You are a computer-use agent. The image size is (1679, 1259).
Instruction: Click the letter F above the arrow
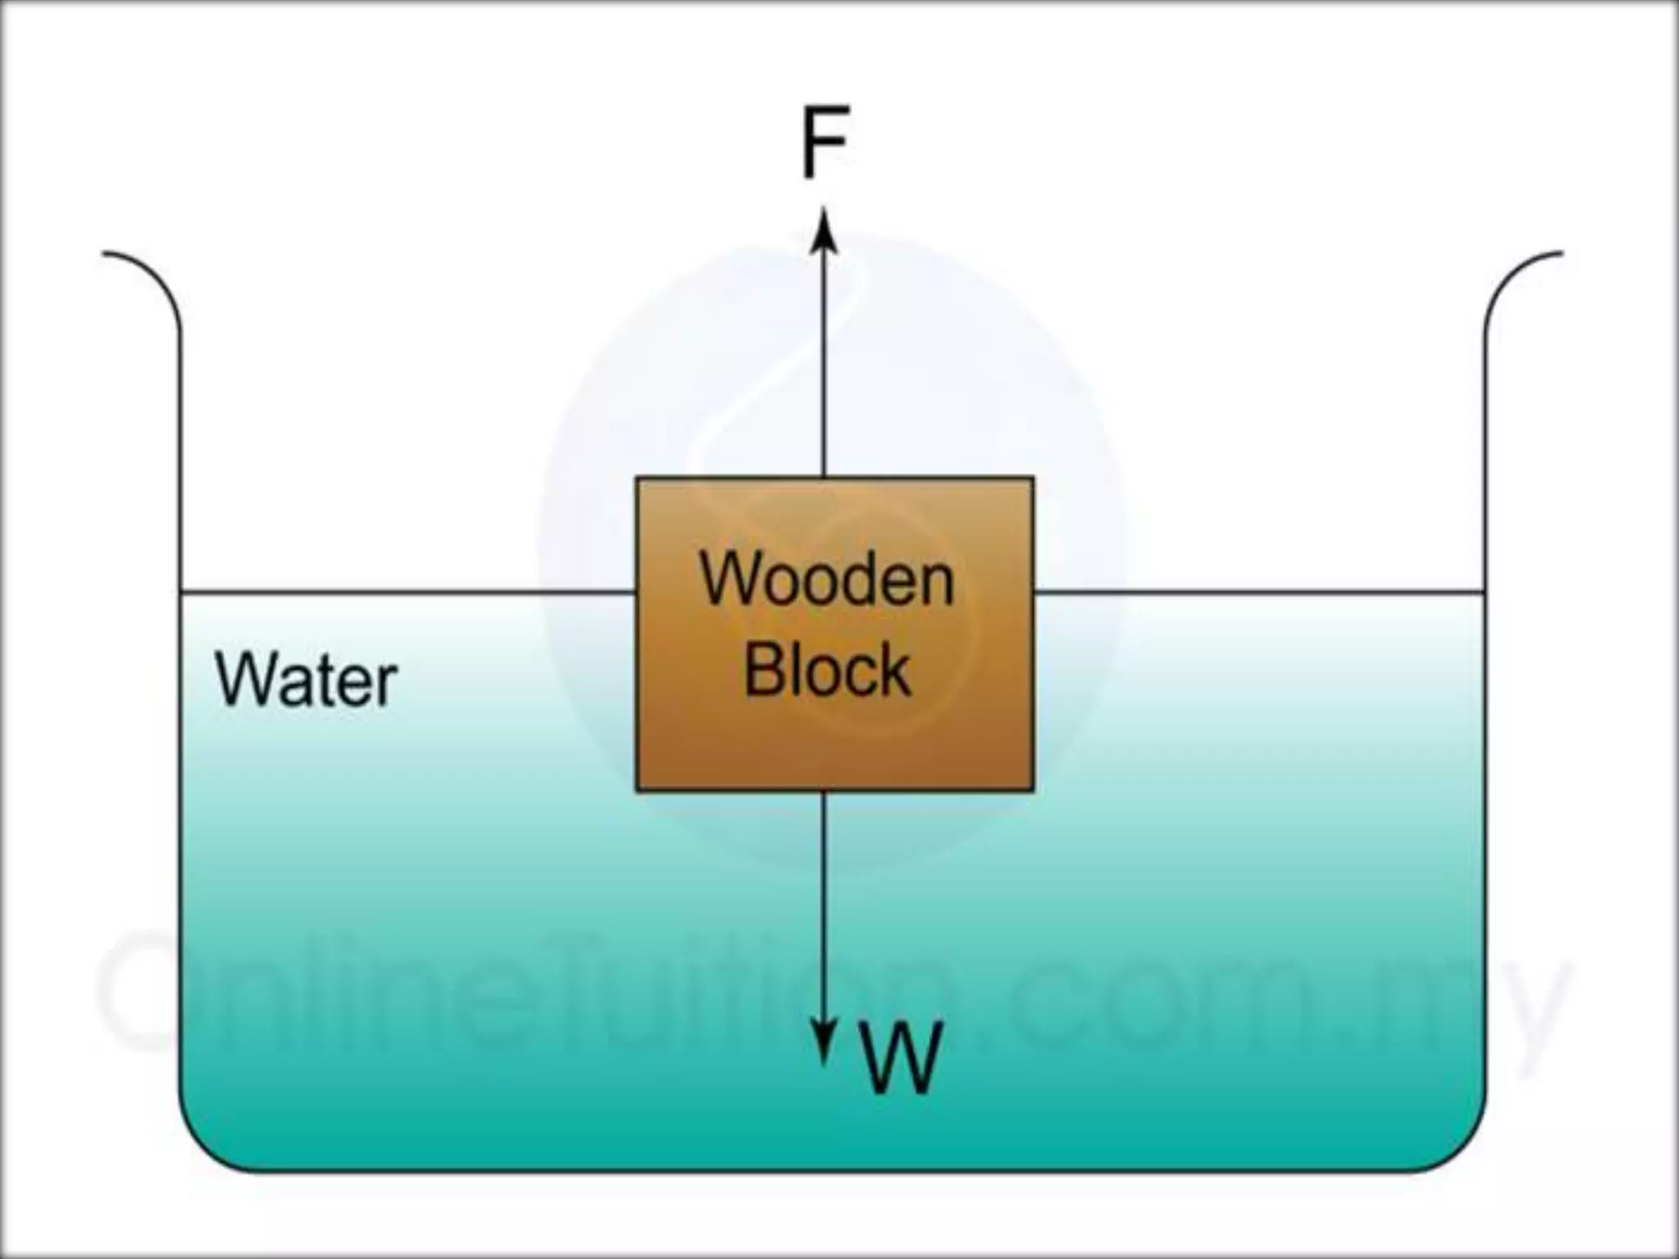[x=824, y=142]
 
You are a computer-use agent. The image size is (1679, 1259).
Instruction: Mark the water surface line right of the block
[x=1258, y=591]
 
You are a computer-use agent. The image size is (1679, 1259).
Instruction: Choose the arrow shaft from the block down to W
[x=825, y=902]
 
